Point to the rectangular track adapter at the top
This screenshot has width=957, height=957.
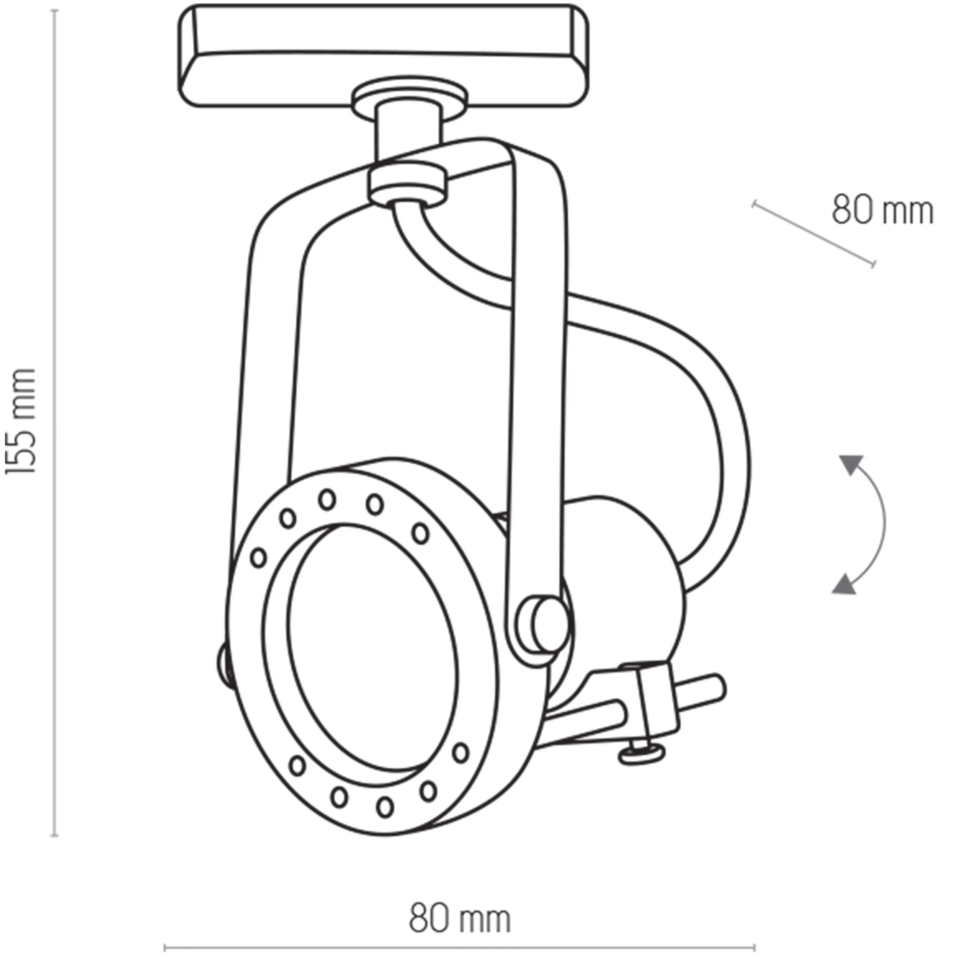pos(384,54)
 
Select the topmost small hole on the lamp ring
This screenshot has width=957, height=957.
pos(327,499)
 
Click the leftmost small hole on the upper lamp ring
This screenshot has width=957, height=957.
pos(258,558)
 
